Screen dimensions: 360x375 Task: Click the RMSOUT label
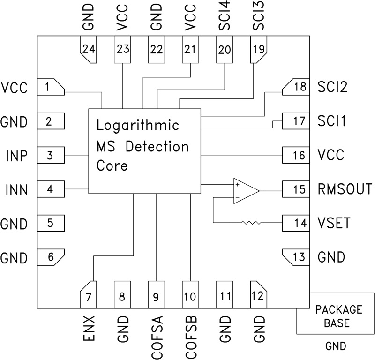click(345, 190)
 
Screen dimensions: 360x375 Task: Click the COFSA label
click(157, 334)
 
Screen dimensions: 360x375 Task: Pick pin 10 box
click(191, 296)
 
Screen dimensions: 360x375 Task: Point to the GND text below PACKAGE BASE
click(335, 346)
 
